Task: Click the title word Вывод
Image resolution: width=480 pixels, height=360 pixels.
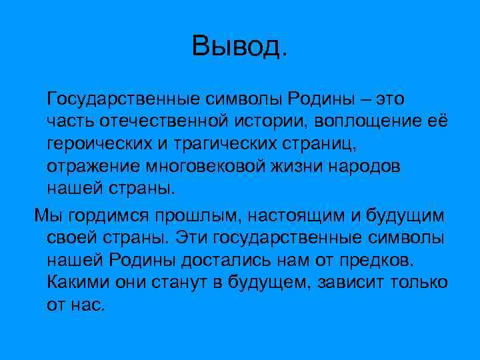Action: click(241, 46)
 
